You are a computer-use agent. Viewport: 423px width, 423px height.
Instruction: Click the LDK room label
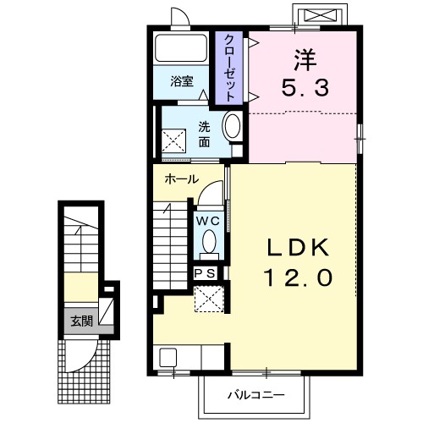[299, 247]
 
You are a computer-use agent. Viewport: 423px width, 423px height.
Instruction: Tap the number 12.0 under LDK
[299, 277]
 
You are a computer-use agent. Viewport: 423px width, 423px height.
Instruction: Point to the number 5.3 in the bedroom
[305, 87]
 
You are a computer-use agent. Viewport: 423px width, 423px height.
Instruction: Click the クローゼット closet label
[229, 68]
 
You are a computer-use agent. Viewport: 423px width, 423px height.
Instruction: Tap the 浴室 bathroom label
[182, 81]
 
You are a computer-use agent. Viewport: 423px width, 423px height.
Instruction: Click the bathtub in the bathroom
[181, 48]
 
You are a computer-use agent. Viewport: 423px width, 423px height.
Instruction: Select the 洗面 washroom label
[204, 135]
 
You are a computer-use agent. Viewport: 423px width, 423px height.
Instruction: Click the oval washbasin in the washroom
[233, 125]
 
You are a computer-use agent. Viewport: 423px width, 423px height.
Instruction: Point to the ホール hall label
[182, 179]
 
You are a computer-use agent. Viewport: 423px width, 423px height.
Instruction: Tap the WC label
[208, 221]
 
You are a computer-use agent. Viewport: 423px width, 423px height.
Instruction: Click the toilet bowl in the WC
[209, 242]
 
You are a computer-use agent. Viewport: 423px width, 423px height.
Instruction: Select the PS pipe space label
[206, 273]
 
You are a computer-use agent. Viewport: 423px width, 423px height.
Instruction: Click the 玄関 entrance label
[81, 321]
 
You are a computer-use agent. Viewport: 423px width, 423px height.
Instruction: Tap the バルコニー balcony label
[256, 395]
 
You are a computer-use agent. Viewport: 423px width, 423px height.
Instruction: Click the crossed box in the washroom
[173, 140]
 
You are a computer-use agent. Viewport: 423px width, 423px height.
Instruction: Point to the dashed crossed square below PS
[209, 299]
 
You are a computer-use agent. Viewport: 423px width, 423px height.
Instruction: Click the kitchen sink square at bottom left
[168, 358]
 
